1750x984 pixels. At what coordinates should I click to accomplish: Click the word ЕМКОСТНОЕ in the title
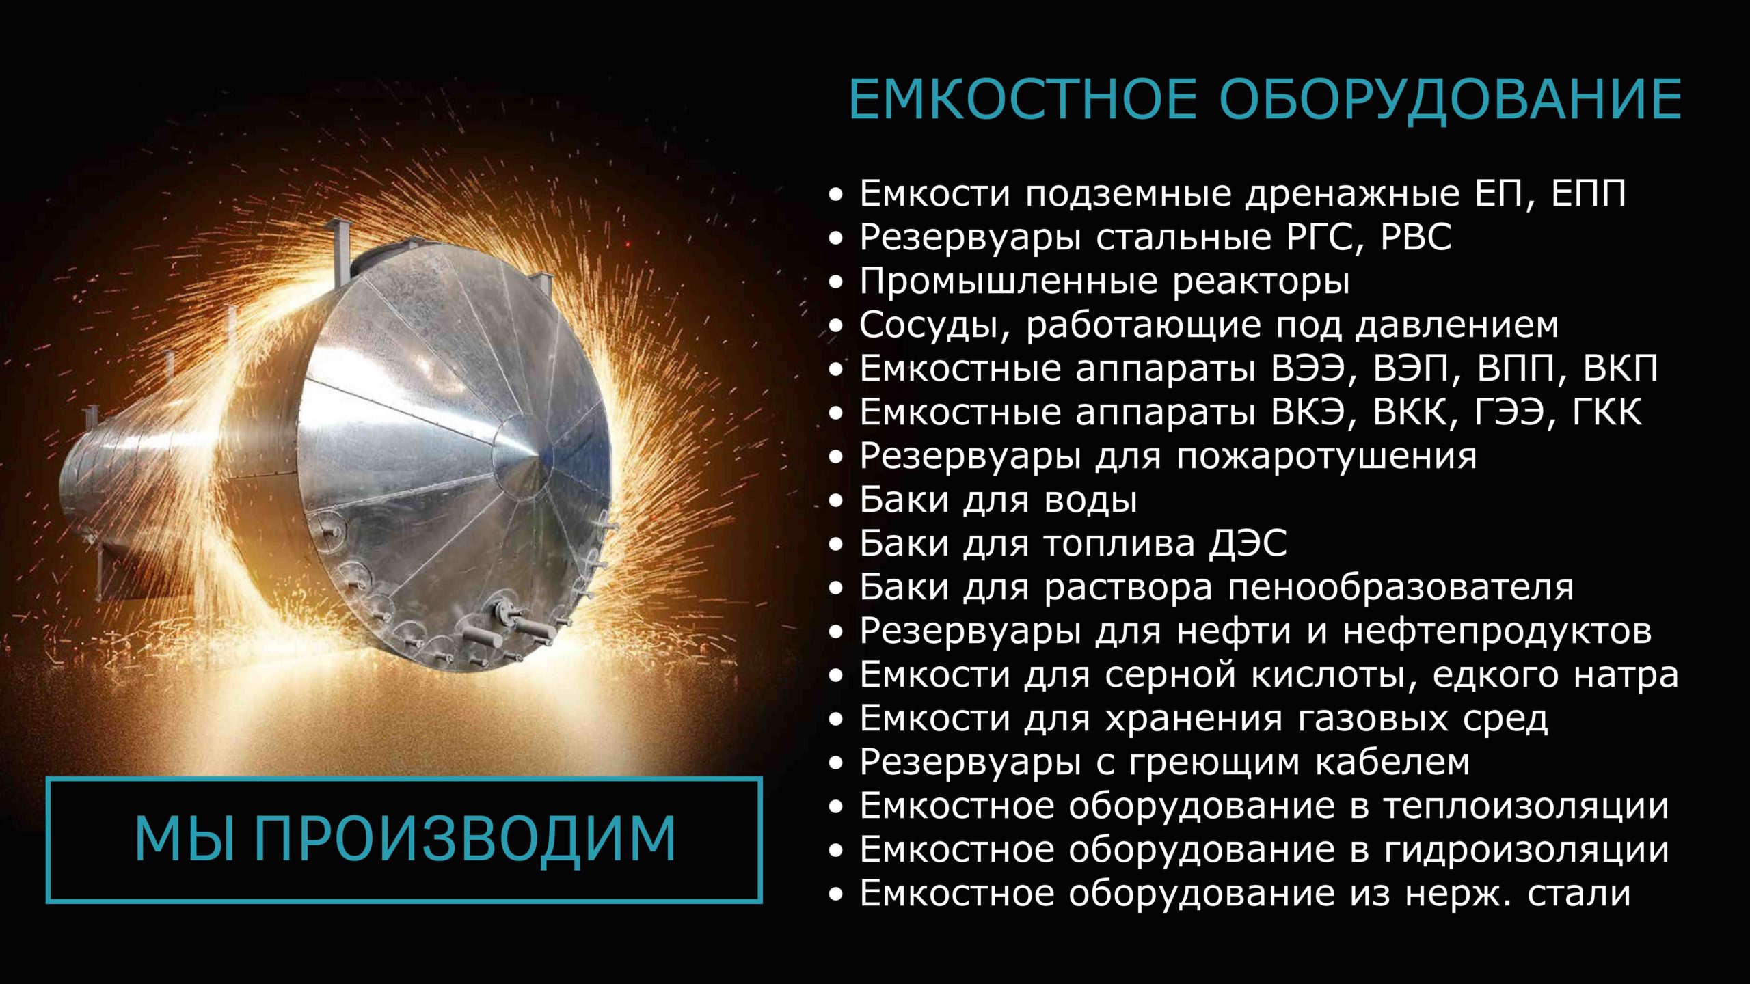pyautogui.click(x=1023, y=100)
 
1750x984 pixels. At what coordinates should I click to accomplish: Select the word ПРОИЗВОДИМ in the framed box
pyautogui.click(x=466, y=840)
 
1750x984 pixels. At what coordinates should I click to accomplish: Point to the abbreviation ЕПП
pyautogui.click(x=1589, y=194)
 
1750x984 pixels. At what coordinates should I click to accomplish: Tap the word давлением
pyautogui.click(x=1457, y=326)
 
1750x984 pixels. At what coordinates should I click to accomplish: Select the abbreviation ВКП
pyautogui.click(x=1621, y=369)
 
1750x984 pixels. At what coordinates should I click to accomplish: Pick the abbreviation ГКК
pyautogui.click(x=1605, y=413)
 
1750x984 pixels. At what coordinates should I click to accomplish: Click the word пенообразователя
pyautogui.click(x=1400, y=588)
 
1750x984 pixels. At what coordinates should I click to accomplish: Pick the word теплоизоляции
pyautogui.click(x=1526, y=807)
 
